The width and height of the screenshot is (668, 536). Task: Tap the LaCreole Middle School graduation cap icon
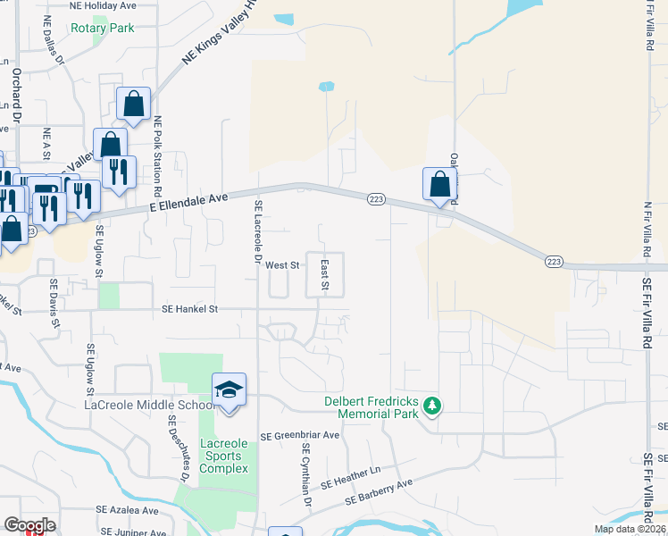point(230,389)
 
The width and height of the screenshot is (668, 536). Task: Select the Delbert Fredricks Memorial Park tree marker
point(432,406)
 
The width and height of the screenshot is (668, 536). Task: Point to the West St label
point(281,265)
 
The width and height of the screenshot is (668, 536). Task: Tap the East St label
point(326,275)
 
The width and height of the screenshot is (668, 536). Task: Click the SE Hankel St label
point(190,309)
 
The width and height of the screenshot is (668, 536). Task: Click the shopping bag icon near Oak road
point(439,185)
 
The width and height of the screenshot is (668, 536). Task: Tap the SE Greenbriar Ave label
point(300,436)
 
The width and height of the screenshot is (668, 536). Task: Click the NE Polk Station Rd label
point(159,155)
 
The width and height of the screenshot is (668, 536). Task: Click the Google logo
point(29,525)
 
